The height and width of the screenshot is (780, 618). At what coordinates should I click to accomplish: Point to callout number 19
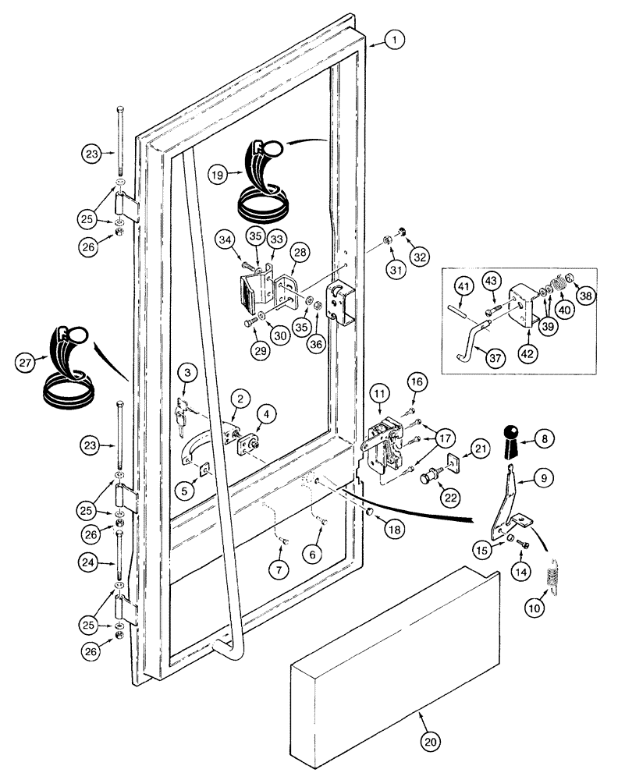(219, 175)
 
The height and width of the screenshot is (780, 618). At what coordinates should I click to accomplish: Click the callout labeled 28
(299, 252)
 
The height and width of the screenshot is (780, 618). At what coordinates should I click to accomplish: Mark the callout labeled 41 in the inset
(463, 289)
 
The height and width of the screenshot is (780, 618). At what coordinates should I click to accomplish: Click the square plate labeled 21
(456, 448)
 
